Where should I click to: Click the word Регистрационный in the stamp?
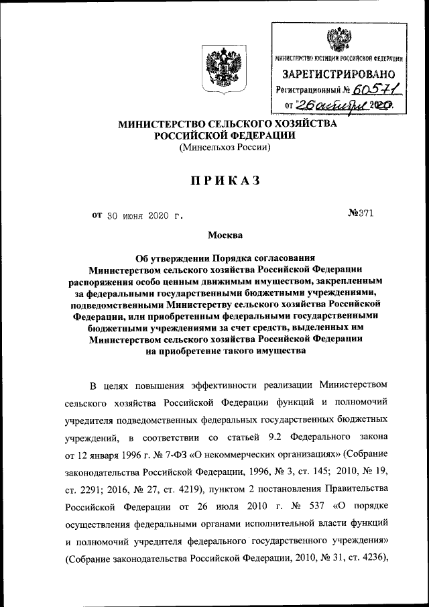tap(312, 89)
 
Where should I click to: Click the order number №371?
tap(361, 214)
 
